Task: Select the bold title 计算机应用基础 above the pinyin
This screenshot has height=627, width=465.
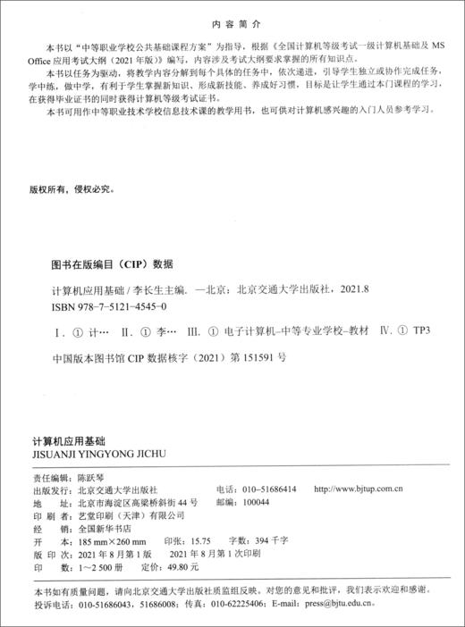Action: coord(69,440)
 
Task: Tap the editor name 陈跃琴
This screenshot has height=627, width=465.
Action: coord(93,478)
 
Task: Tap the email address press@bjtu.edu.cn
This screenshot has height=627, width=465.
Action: coord(372,603)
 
